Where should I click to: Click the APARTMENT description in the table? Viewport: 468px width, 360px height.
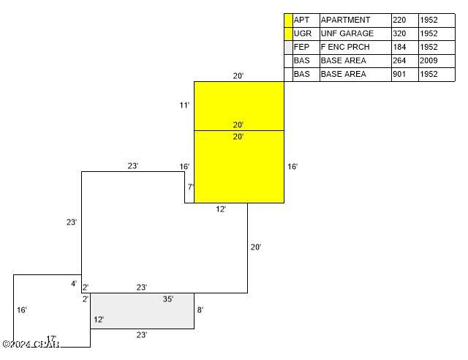[x=345, y=20]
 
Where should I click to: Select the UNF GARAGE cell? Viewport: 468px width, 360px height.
[x=347, y=34]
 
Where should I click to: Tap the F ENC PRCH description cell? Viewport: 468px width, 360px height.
[x=345, y=47]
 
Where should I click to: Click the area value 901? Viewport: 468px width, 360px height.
[x=399, y=74]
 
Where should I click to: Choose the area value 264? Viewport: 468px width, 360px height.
[x=399, y=61]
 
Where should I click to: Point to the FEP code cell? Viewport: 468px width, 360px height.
[x=301, y=47]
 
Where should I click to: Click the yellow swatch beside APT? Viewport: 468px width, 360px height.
[x=288, y=20]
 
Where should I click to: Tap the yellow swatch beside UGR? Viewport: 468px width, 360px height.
[x=288, y=34]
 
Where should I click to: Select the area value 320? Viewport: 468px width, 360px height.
[x=399, y=34]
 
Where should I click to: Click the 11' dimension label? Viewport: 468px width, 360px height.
[x=184, y=105]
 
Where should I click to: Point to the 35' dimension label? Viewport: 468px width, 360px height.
[x=168, y=299]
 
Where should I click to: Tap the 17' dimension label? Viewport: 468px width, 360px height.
[x=51, y=339]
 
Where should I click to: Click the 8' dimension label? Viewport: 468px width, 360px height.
[x=200, y=310]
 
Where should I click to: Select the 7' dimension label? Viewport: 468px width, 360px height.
[x=190, y=187]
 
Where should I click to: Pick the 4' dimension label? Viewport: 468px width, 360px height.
[x=73, y=284]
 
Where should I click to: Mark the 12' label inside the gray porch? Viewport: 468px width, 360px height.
[x=99, y=320]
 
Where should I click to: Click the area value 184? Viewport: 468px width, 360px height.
[x=399, y=47]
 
